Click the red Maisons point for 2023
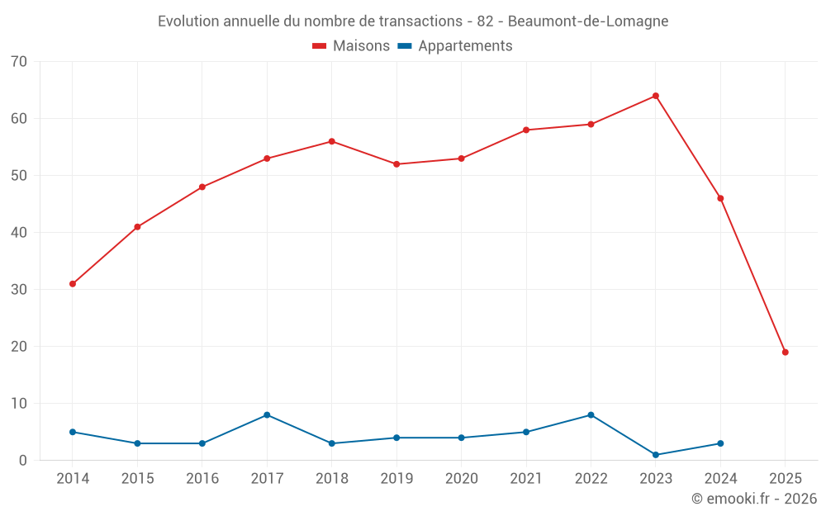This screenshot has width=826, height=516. point(656,96)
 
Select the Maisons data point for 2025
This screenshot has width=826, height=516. point(786,353)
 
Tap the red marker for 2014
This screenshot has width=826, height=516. point(73,284)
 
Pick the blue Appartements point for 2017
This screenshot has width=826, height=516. point(267,415)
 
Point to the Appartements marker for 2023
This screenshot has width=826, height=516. point(656,455)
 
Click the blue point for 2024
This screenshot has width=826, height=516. point(720,443)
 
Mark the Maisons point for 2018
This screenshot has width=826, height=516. point(332,141)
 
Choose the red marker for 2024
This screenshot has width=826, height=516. point(720,198)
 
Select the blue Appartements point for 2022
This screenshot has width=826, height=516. point(591,415)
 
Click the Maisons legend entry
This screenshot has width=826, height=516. point(351,46)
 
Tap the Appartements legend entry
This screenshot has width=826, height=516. point(455,46)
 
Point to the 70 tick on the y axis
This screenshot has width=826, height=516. point(19,62)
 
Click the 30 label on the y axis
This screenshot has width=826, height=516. point(19,290)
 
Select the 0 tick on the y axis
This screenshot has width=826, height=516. point(23,461)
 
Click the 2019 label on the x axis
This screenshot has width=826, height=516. point(396,479)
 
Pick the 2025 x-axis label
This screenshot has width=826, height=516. point(786,479)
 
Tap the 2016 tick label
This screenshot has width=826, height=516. point(202,479)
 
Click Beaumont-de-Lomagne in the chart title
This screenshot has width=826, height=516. point(588,21)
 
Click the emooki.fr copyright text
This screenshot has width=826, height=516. point(753,499)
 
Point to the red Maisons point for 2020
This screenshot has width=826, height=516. point(461,159)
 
